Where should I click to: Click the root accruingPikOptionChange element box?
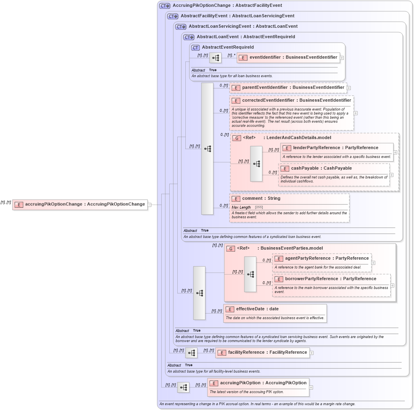[x=80, y=204]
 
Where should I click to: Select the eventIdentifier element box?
[x=288, y=57]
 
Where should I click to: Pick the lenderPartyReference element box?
[x=336, y=148]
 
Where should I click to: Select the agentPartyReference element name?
[x=327, y=258]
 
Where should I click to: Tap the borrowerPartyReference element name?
[x=331, y=279]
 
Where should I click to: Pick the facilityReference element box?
[x=262, y=353]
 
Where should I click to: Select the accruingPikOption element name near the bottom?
[x=263, y=383]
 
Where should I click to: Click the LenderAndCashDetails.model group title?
[x=297, y=138]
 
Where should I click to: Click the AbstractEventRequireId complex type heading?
[x=227, y=47]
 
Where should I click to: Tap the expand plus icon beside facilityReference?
[x=311, y=353]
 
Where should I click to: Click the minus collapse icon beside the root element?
[x=149, y=205]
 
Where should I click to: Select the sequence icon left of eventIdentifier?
[x=215, y=58]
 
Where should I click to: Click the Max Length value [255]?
[x=259, y=207]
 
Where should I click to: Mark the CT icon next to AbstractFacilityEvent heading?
[x=172, y=16]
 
